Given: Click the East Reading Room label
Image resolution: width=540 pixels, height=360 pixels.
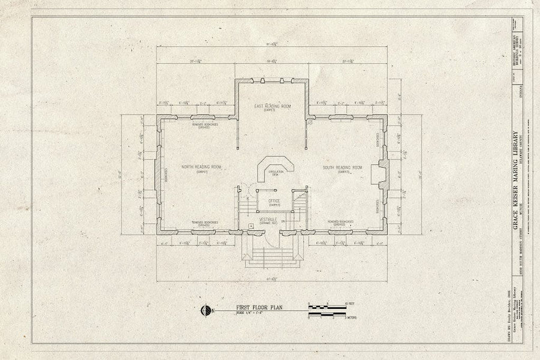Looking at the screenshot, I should click(272, 106).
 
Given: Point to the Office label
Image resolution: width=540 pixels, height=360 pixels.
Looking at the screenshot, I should click(274, 201).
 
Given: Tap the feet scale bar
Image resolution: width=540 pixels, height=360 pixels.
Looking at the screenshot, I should click(327, 307).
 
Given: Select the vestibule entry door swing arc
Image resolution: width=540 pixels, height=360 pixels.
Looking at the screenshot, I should click(271, 239).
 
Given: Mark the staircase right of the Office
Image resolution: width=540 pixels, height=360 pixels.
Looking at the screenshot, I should click(300, 201).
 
